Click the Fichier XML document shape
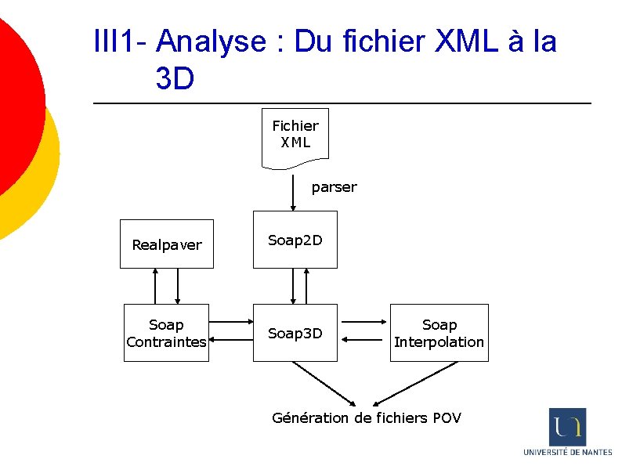click(295, 135)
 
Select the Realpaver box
click(166, 244)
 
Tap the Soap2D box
click(295, 240)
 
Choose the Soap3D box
click(295, 333)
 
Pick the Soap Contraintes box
click(166, 333)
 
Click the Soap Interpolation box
click(439, 333)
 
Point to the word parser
click(334, 187)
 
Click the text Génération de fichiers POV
click(366, 417)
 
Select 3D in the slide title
click(175, 78)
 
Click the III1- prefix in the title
click(120, 42)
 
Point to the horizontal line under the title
click(342, 103)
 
